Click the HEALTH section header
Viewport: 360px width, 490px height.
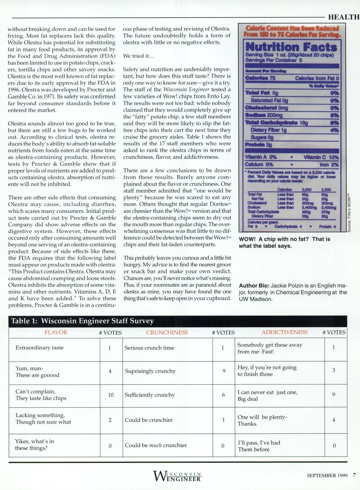pyautogui.click(x=343, y=17)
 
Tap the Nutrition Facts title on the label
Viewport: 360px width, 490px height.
pyautogui.click(x=291, y=47)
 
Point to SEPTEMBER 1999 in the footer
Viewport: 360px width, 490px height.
pyautogui.click(x=327, y=476)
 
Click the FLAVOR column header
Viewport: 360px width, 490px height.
pyautogui.click(x=56, y=332)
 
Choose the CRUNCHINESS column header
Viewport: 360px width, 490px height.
pyautogui.click(x=167, y=332)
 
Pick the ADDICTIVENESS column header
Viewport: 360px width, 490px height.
pyautogui.click(x=284, y=332)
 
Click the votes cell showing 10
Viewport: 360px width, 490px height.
pyautogui.click(x=111, y=395)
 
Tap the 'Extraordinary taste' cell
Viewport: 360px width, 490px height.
pyautogui.click(x=39, y=348)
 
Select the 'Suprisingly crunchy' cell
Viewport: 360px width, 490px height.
pyautogui.click(x=150, y=371)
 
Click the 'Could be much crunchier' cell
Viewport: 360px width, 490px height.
pyautogui.click(x=156, y=445)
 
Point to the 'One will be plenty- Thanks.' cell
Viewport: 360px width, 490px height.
pyautogui.click(x=262, y=420)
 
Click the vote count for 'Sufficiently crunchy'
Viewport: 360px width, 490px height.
pyautogui.click(x=223, y=395)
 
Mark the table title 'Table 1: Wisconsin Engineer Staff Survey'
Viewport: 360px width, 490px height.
pyautogui.click(x=82, y=321)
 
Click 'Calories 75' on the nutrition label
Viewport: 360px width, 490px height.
pyautogui.click(x=260, y=78)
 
